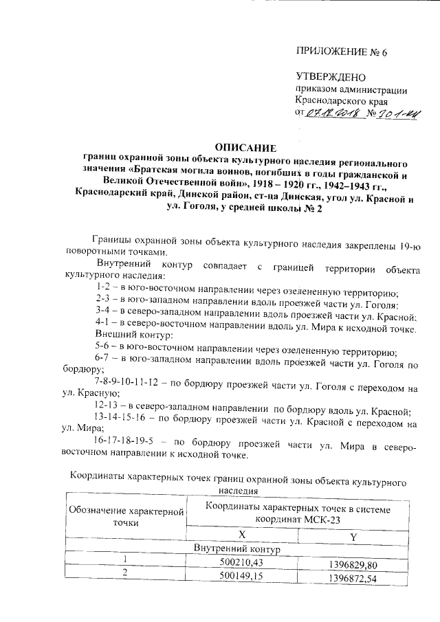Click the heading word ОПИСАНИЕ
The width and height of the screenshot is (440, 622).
(x=245, y=146)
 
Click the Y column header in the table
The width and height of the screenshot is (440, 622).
(x=353, y=535)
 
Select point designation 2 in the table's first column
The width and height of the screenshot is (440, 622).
(x=125, y=573)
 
